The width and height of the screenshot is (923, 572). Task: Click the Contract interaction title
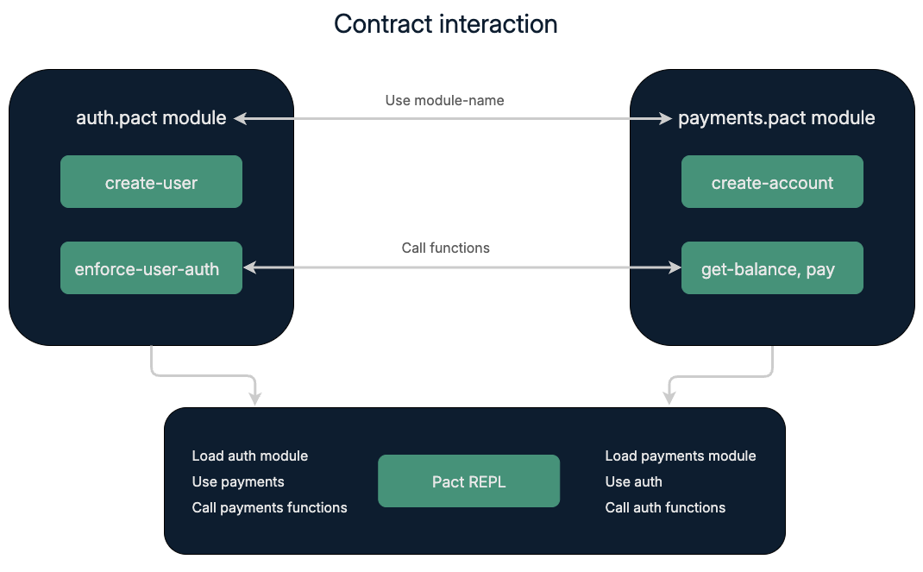445,24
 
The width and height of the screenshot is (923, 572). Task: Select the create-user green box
151,182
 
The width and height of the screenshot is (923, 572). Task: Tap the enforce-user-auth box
151,268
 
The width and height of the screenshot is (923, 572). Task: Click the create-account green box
772,182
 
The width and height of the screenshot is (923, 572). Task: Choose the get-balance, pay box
772,268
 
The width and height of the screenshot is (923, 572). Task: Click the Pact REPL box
468,481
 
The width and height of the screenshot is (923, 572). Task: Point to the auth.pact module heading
151,118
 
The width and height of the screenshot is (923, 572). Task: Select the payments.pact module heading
776,118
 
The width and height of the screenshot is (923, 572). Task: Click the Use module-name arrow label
444,100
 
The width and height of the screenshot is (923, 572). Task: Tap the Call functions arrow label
445,248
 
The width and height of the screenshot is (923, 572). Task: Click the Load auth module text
249,456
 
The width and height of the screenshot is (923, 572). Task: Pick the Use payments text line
237,481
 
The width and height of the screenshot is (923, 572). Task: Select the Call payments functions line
269,507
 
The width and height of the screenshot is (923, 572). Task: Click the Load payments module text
680,456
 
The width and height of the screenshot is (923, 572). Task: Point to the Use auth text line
633,481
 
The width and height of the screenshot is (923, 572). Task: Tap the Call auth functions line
665,507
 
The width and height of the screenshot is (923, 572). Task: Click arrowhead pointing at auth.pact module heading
240,118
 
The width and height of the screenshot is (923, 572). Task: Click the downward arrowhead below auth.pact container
254,398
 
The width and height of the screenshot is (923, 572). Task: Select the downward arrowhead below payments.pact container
669,398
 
